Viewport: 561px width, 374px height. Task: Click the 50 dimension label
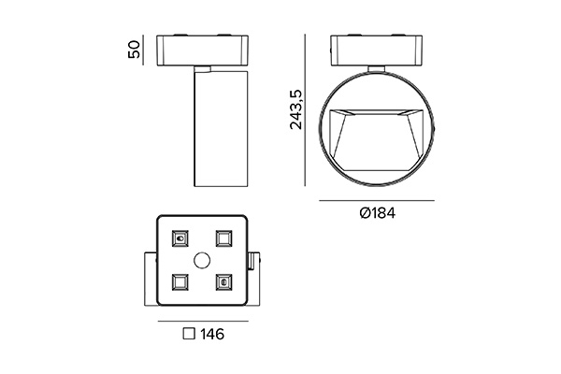click(x=134, y=50)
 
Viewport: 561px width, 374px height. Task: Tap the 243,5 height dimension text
click(x=295, y=109)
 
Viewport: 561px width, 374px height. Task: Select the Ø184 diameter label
click(x=378, y=213)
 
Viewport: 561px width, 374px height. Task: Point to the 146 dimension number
click(x=212, y=335)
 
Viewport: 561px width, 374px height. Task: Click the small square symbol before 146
click(x=189, y=334)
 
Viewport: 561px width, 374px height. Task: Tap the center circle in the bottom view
click(x=202, y=260)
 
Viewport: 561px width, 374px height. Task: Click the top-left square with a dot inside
click(x=180, y=238)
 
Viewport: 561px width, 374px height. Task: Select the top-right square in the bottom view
click(x=223, y=238)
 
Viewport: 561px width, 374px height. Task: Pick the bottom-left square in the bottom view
click(x=180, y=282)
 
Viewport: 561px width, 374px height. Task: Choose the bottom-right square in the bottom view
click(x=223, y=282)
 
